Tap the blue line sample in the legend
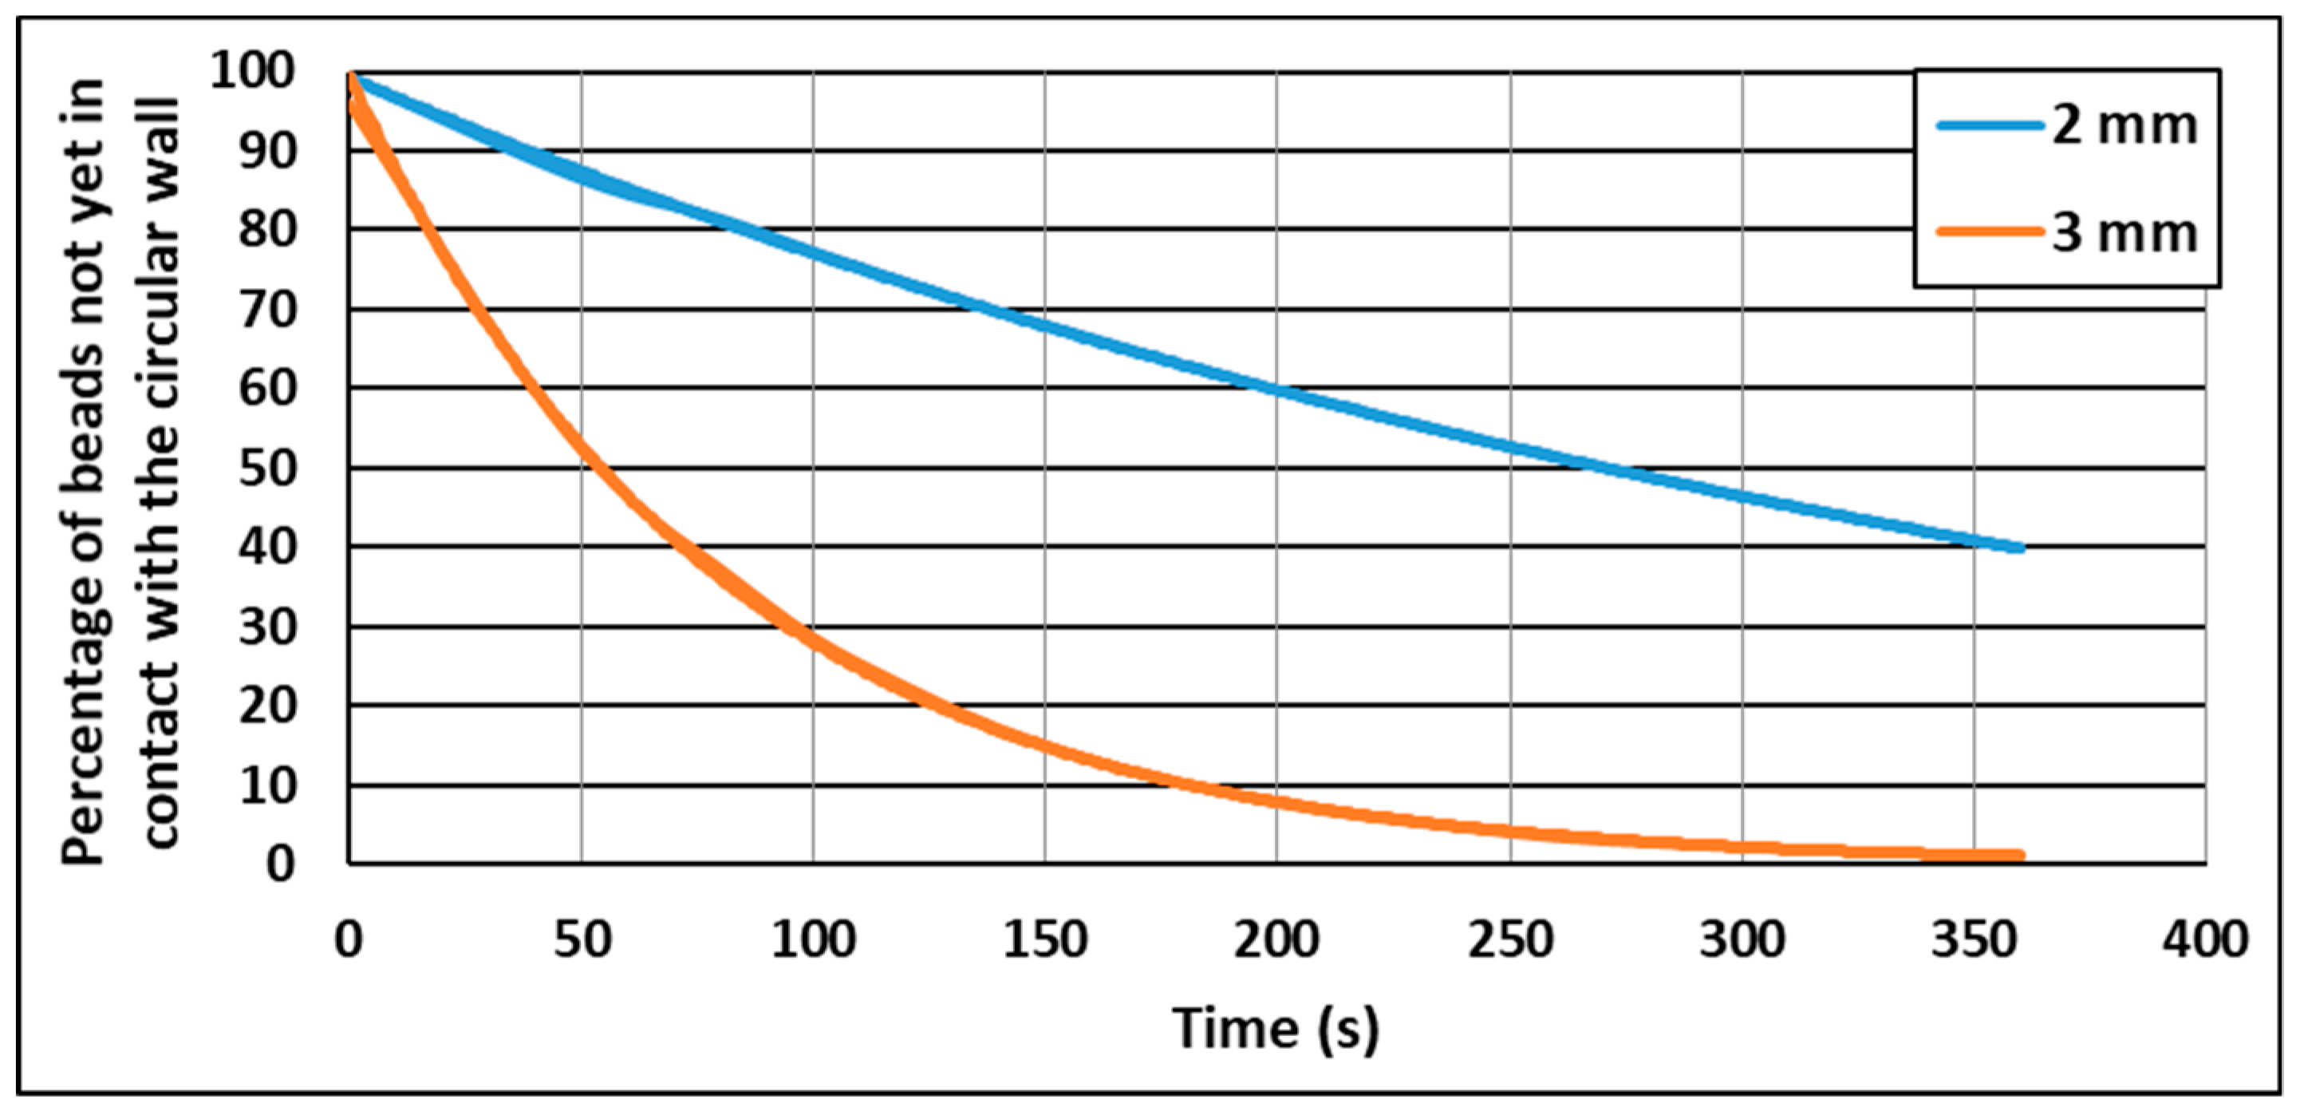(1990, 126)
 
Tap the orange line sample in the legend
(1990, 232)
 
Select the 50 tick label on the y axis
(267, 468)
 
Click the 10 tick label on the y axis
(267, 786)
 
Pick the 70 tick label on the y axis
(267, 310)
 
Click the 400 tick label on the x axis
(2204, 939)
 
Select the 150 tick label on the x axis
(1044, 939)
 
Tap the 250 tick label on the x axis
(1510, 939)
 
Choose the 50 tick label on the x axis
(582, 939)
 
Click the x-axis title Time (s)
(1276, 1028)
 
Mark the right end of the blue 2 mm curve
(2021, 548)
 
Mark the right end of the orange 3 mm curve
(2021, 856)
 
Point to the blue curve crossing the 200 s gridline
(1276, 389)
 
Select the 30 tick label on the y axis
(267, 627)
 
